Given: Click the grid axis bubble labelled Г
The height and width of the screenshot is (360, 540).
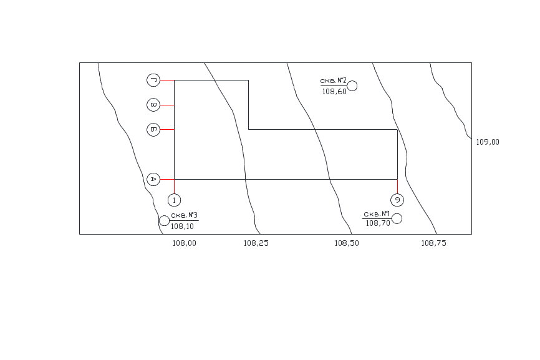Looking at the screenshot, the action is click(x=153, y=80).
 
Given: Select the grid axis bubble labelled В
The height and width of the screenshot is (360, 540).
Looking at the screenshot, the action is click(x=153, y=105).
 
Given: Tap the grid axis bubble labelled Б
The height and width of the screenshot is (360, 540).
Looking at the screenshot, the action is click(x=153, y=129).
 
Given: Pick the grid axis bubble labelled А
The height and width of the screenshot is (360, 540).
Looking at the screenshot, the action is click(x=153, y=179).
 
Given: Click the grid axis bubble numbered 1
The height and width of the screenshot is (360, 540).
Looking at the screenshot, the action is click(x=174, y=200).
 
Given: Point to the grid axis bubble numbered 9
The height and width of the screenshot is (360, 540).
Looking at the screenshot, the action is click(x=397, y=200).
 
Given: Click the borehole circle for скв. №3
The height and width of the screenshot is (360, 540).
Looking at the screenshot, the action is click(x=163, y=220).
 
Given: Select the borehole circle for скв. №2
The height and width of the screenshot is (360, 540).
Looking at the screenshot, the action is click(x=352, y=86).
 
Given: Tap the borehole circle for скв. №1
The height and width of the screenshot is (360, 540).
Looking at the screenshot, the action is click(x=397, y=219).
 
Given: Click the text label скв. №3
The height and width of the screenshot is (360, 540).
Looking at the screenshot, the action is click(x=184, y=215).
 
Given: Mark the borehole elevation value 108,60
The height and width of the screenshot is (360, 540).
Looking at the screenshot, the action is click(x=334, y=92).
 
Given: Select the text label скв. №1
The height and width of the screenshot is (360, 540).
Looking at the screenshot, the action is click(x=377, y=214).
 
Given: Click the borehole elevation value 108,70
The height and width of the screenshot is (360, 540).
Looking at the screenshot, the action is click(x=378, y=223).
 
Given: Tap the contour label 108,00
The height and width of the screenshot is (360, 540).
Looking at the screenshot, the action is click(x=184, y=243).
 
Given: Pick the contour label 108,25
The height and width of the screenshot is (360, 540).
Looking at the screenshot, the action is click(x=256, y=243).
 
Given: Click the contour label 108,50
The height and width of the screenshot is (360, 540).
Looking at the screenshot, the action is click(x=347, y=243).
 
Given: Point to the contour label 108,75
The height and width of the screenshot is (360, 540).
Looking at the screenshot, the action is click(x=434, y=243).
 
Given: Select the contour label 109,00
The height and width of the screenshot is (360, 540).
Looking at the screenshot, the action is click(x=488, y=142).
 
